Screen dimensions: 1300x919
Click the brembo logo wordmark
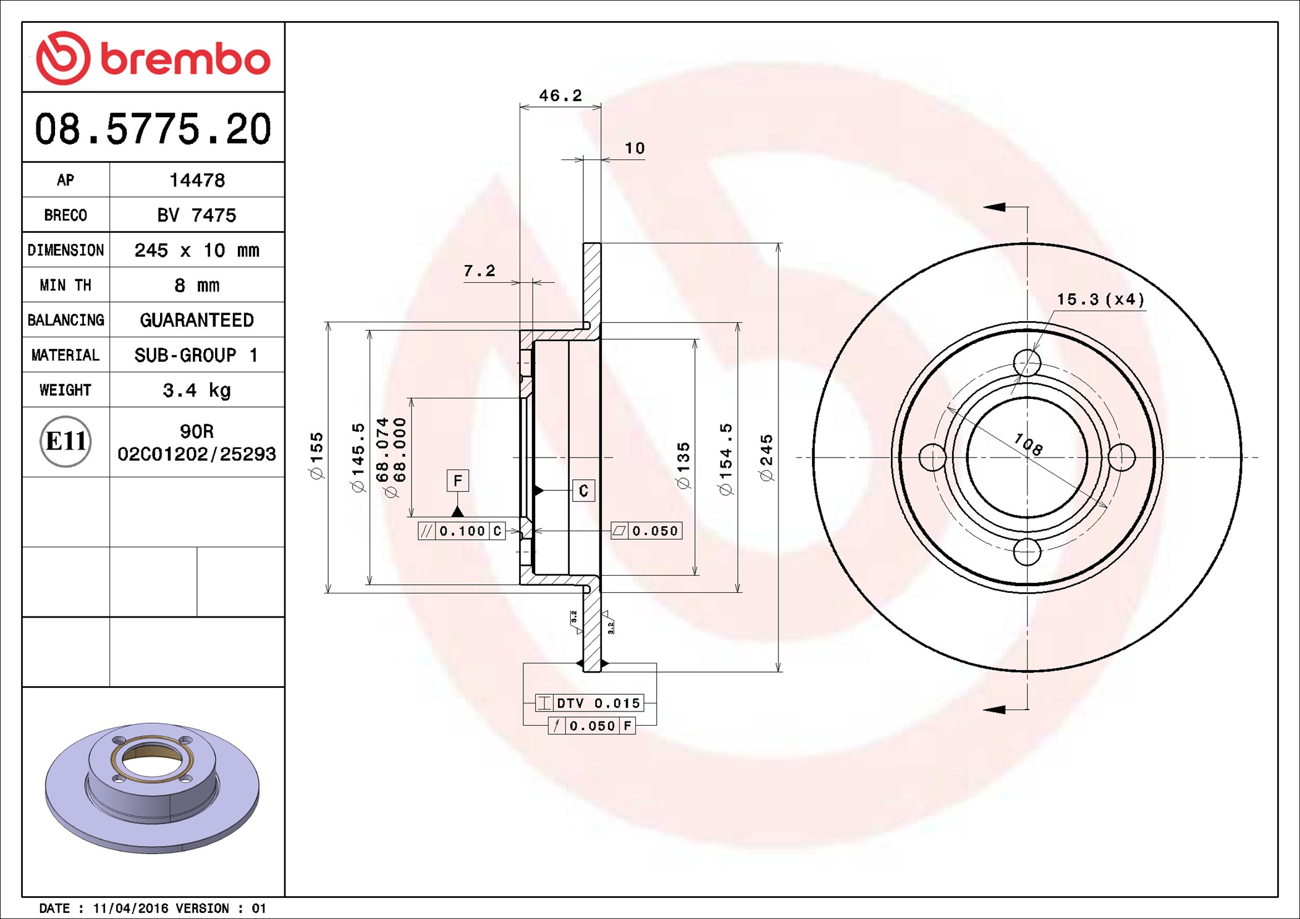tap(185, 59)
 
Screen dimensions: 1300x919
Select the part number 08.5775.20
tap(153, 129)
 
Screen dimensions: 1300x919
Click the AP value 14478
tap(197, 180)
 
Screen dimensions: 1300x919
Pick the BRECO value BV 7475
tap(196, 215)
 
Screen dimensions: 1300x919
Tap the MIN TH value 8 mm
tap(196, 285)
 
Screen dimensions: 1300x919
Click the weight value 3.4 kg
tap(196, 390)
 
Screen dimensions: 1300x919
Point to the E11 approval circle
tap(65, 442)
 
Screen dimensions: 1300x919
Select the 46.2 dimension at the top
tap(560, 95)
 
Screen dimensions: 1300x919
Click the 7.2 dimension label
tap(479, 271)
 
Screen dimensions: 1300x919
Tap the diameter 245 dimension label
tap(766, 458)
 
